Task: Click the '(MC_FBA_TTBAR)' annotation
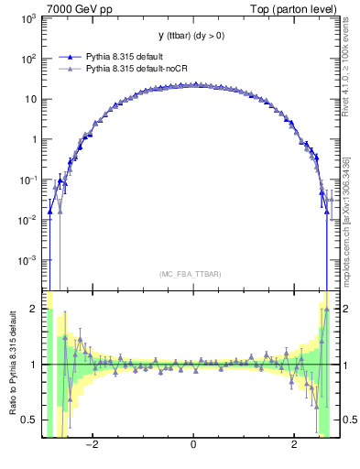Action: pos(191,273)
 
